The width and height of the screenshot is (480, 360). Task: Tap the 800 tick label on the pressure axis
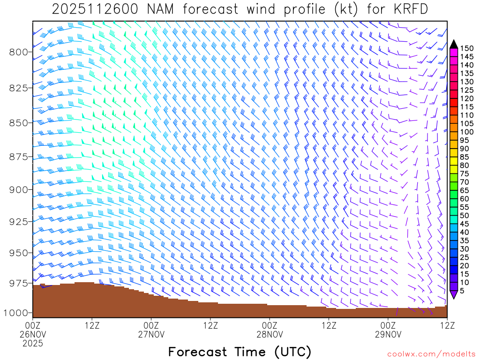pos(19,52)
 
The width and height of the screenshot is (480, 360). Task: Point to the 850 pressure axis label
pos(19,123)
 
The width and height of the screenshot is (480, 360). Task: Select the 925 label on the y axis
pos(19,221)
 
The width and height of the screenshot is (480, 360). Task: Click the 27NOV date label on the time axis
pos(151,334)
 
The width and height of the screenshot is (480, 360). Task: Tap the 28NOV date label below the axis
pos(270,334)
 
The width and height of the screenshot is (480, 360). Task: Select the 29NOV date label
pos(389,334)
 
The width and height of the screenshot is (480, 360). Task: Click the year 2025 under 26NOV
pos(33,344)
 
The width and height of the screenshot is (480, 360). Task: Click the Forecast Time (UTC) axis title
pos(240,352)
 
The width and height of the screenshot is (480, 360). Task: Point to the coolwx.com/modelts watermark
pos(431,354)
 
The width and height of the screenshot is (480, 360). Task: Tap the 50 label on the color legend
pos(464,215)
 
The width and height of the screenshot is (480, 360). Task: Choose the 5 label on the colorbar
pos(462,291)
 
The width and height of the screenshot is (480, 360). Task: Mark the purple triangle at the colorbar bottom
pos(454,294)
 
